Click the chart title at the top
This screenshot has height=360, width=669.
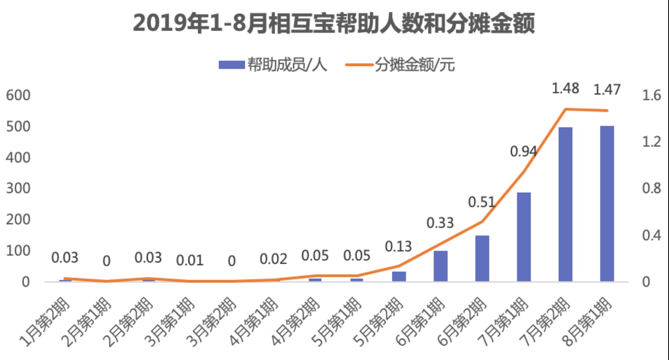click(334, 23)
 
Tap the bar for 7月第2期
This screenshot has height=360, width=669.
click(565, 204)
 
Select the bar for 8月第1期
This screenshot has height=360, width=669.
click(607, 204)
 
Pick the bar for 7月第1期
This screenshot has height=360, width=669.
click(524, 237)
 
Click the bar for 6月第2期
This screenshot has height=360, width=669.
click(482, 258)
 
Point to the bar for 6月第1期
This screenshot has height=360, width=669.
click(440, 266)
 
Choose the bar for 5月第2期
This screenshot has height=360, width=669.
click(399, 276)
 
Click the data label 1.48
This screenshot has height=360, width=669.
click(565, 88)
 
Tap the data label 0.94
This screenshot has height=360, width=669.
click(524, 151)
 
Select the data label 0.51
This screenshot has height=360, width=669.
click(482, 202)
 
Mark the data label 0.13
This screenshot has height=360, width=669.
click(398, 246)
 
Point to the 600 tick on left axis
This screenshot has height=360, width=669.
click(18, 95)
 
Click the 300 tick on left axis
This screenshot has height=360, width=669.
click(18, 188)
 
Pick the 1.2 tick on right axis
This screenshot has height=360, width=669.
click(651, 142)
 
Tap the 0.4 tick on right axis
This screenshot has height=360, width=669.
click(651, 235)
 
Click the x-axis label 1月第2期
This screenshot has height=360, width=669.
click(45, 322)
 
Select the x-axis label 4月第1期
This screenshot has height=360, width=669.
click(254, 322)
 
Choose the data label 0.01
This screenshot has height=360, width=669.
click(190, 261)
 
